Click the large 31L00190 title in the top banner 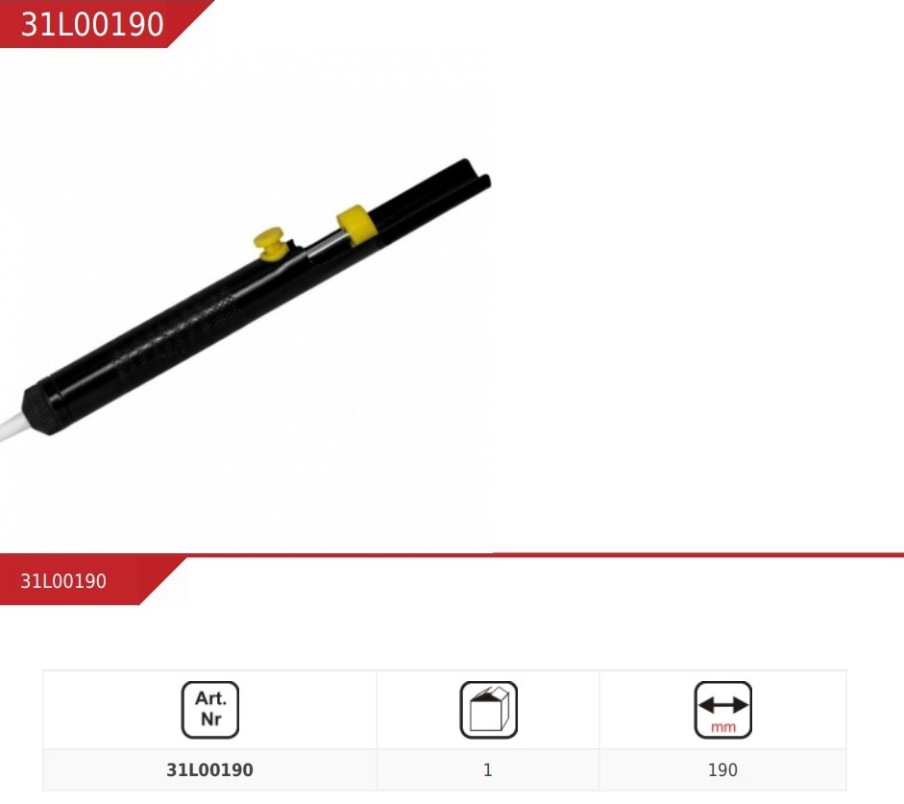pos(92,24)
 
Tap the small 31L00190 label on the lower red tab pos(63,581)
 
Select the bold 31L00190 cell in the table pos(209,770)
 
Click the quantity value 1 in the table pos(488,770)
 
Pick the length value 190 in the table pos(723,770)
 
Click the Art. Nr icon pos(210,710)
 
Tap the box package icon pos(488,710)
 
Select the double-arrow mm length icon pos(723,710)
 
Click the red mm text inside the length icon pos(723,727)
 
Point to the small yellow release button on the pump pos(270,243)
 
